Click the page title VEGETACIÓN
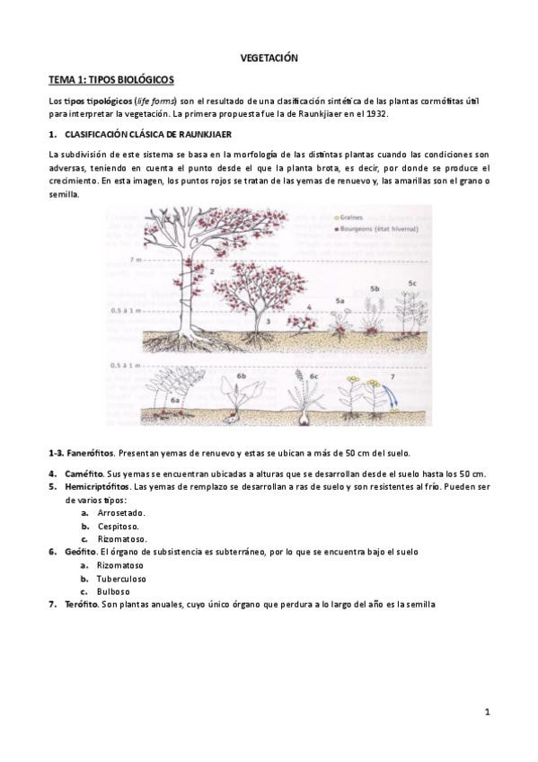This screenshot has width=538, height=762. [x=269, y=58]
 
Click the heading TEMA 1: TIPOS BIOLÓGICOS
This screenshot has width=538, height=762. [x=111, y=80]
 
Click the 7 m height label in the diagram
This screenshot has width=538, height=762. [x=137, y=259]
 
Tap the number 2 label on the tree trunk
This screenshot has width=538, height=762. [x=210, y=270]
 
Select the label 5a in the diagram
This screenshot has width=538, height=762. [x=341, y=300]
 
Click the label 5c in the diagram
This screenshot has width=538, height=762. [x=412, y=283]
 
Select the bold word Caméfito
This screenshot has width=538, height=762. [x=84, y=474]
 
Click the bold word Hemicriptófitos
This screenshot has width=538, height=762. [x=98, y=486]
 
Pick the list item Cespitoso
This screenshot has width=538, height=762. [x=118, y=526]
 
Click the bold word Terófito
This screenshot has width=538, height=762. [x=82, y=605]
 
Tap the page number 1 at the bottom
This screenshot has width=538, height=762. [x=486, y=713]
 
